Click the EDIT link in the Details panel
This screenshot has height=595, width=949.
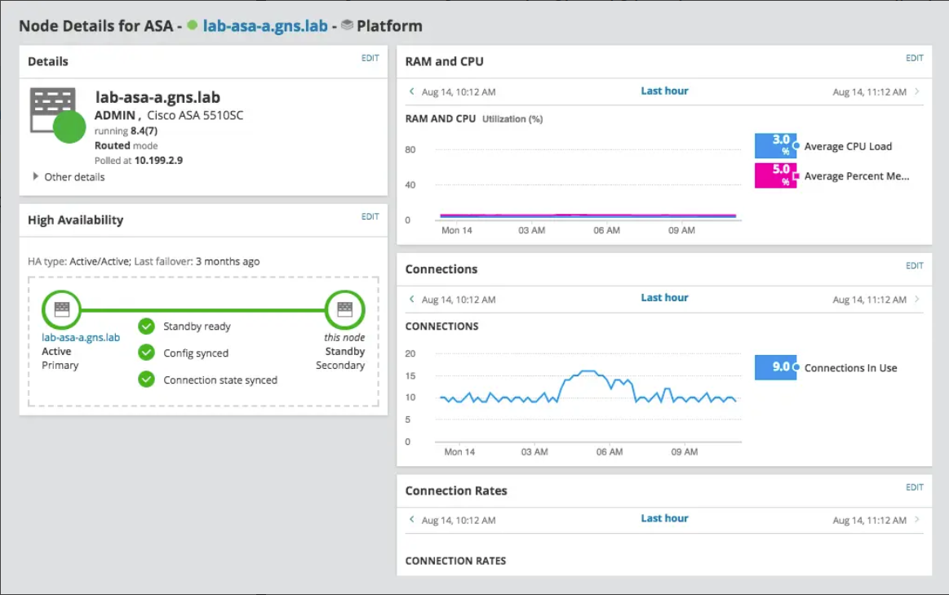tap(370, 58)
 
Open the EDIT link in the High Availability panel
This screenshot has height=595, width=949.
tap(370, 216)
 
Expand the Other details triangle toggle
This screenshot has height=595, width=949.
tap(35, 176)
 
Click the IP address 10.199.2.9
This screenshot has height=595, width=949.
tap(158, 160)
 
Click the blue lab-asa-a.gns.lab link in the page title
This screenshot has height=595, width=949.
tap(265, 25)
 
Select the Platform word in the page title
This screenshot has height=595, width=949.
tap(389, 25)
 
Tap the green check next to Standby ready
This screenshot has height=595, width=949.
tap(146, 326)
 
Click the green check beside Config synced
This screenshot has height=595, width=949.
tap(146, 353)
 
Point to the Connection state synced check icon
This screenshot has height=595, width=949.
tap(146, 380)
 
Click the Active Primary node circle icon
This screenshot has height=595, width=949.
tap(61, 310)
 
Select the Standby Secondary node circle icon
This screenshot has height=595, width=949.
tap(344, 310)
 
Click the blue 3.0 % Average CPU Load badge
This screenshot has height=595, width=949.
tap(774, 146)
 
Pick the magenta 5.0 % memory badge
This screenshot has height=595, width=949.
tap(774, 175)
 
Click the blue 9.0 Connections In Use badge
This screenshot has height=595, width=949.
tap(774, 367)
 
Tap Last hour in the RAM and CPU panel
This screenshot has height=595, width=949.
tap(664, 91)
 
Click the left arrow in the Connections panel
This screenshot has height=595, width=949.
tap(412, 299)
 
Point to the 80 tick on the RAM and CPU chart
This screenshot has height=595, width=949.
tap(410, 149)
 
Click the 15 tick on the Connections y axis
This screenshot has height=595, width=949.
tap(410, 375)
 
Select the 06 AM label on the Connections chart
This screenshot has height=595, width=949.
tap(609, 451)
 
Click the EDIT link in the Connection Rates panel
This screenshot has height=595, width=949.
tap(914, 487)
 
